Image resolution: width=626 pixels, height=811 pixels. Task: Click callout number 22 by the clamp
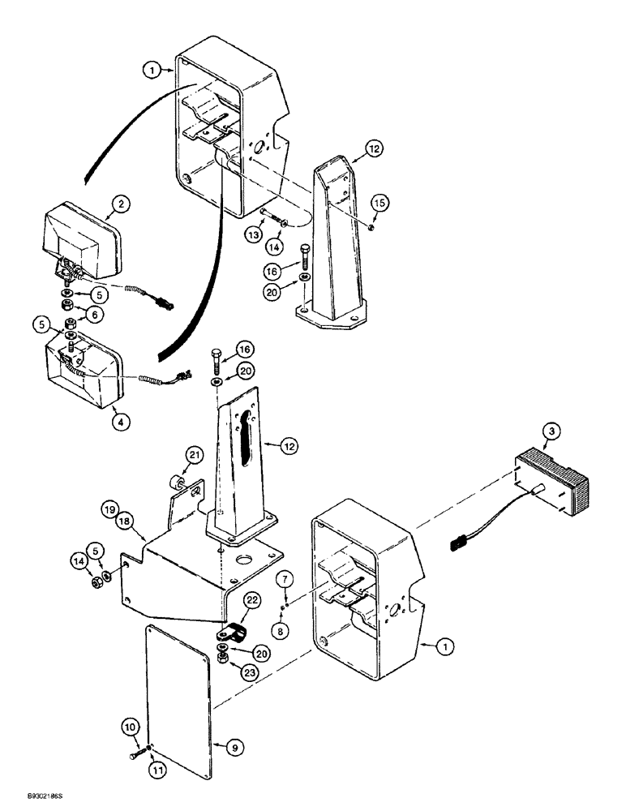[x=252, y=599]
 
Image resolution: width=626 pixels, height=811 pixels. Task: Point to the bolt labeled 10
[x=138, y=754]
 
